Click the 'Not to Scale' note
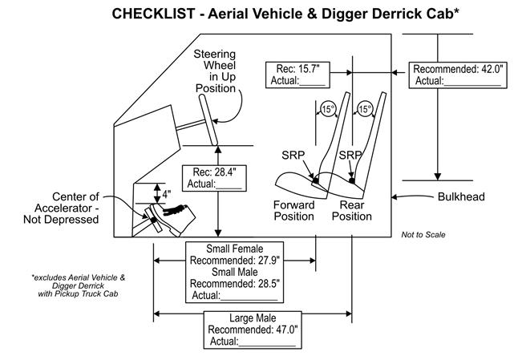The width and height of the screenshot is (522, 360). [423, 235]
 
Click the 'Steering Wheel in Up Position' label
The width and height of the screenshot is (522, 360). [213, 71]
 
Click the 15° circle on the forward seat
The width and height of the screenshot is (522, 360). [327, 109]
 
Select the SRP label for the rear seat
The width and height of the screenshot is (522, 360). [349, 153]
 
